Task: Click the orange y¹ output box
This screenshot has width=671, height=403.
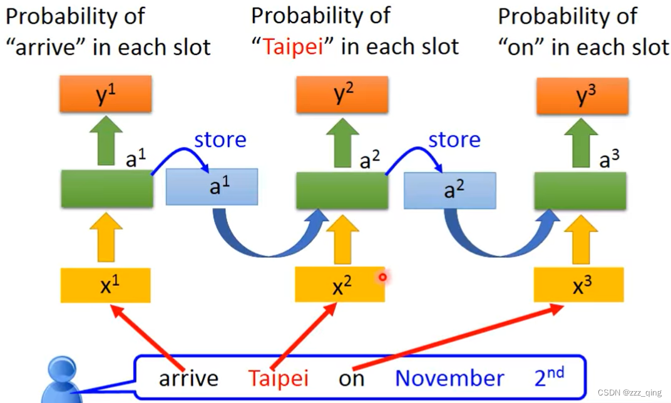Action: click(105, 94)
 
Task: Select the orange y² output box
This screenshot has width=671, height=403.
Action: click(342, 94)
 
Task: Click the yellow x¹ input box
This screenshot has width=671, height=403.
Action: click(105, 285)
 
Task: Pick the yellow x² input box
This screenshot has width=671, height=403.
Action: click(340, 284)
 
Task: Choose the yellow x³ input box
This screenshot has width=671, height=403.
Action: click(578, 284)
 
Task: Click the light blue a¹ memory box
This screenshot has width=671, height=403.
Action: click(212, 186)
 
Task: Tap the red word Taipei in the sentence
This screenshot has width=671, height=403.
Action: click(278, 378)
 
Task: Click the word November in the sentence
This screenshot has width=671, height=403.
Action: click(449, 378)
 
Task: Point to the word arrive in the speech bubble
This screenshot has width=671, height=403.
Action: click(188, 378)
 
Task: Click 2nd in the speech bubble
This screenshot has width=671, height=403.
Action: click(549, 376)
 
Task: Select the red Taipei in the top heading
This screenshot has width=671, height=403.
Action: click(293, 47)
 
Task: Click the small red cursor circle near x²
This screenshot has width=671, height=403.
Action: click(382, 277)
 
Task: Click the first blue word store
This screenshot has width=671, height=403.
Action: click(220, 140)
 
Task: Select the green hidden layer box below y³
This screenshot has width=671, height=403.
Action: click(580, 190)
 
